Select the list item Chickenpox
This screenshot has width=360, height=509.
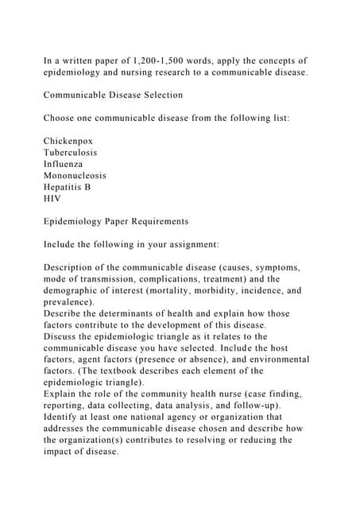[69, 141]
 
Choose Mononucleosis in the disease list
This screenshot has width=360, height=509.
[75, 175]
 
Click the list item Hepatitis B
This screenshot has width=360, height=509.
[68, 187]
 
